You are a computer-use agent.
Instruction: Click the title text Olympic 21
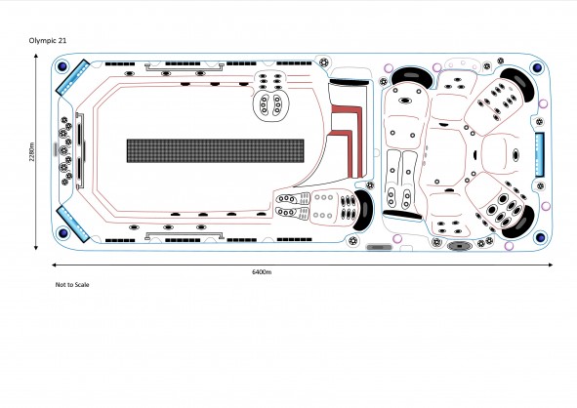tap(48, 41)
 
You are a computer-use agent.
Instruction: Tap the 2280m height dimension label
tap(32, 151)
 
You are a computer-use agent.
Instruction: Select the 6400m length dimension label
tap(262, 272)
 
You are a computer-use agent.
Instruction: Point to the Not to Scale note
tap(72, 285)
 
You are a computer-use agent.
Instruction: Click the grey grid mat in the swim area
tap(215, 151)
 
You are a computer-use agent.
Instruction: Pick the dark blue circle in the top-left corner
tap(62, 66)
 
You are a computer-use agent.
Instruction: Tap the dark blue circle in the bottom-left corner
tap(62, 233)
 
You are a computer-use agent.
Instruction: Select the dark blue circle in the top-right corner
tap(537, 67)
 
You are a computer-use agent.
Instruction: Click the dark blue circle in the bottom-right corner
tap(541, 237)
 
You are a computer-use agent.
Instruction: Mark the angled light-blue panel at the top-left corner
tap(73, 78)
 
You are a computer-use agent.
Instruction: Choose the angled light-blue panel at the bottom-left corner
tap(73, 224)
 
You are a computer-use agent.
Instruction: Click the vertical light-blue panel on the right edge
tap(540, 154)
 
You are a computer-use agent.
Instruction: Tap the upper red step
tap(351, 121)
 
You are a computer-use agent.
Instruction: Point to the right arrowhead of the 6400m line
tap(550, 265)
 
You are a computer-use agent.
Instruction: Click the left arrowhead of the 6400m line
tap(55, 265)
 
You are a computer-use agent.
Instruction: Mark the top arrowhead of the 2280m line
tap(36, 56)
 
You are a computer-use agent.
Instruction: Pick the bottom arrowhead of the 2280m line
tap(36, 248)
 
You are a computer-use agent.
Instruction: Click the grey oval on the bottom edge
tap(459, 245)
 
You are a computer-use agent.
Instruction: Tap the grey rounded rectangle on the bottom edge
tap(379, 247)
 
